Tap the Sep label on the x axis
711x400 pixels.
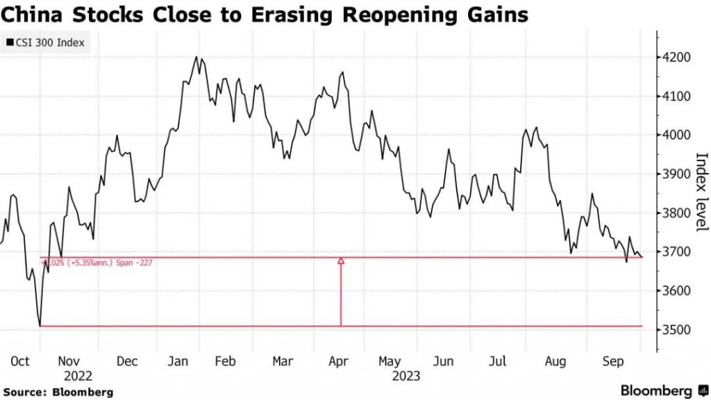click(612, 362)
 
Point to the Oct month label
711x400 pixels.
click(21, 362)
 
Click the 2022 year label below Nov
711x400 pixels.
click(78, 376)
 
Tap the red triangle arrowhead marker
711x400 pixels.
click(341, 261)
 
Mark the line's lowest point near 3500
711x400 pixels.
click(40, 325)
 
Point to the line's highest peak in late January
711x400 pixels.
click(196, 57)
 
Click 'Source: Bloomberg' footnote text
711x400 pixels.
click(57, 391)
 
